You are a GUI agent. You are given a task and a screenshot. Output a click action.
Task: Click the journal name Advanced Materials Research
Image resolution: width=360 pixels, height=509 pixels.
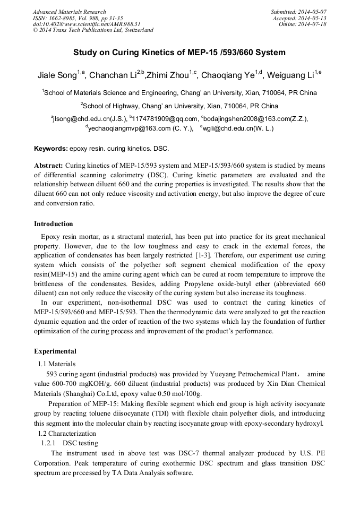[x=70, y=12]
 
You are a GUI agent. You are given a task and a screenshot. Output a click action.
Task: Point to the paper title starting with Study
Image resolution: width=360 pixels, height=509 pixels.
[x=179, y=53]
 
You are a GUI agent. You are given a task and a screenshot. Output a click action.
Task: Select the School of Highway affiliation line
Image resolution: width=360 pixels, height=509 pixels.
[x=180, y=106]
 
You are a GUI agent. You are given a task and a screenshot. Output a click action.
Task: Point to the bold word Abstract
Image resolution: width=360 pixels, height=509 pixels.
[x=48, y=165]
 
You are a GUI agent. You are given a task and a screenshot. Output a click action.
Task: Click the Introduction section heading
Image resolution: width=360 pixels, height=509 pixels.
[x=54, y=224]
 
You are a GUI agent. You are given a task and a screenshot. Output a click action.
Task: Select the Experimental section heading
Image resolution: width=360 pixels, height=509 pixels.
[x=55, y=351]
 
